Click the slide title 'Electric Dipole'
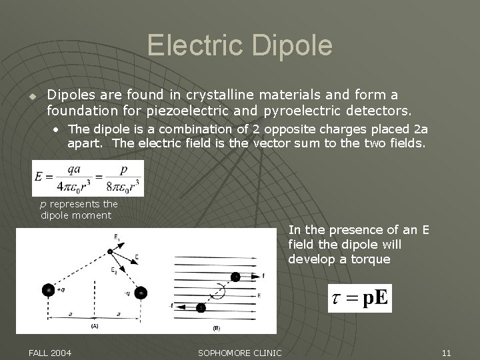tap(239, 45)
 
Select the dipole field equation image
tap(88, 179)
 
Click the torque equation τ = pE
tap(359, 298)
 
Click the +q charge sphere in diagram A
tap(47, 290)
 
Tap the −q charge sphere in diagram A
tap(141, 292)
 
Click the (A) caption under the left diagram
tap(95, 327)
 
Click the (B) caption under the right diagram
tap(216, 328)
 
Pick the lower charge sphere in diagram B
tap(201, 307)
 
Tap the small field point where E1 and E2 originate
tap(110, 251)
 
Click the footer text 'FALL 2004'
tap(51, 352)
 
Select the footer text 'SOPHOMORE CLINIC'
tap(240, 352)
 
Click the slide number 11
tap(446, 352)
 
